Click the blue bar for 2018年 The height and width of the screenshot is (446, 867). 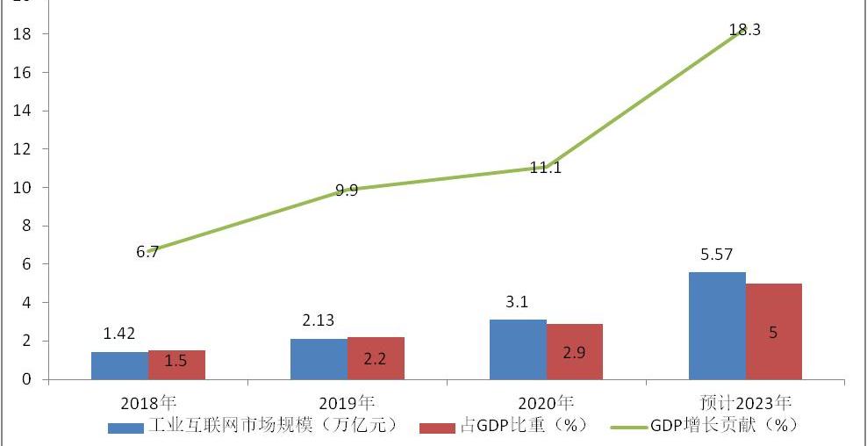pyautogui.click(x=119, y=365)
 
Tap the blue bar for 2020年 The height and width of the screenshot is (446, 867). pyautogui.click(x=518, y=349)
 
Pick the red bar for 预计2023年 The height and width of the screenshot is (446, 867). pyautogui.click(x=773, y=331)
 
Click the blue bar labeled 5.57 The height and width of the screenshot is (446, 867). pyautogui.click(x=717, y=326)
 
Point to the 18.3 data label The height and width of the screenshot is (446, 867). pyautogui.click(x=744, y=30)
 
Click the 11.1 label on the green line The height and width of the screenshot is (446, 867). pyautogui.click(x=545, y=167)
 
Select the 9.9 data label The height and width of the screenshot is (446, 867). pyautogui.click(x=346, y=190)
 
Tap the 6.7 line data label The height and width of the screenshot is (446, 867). pyautogui.click(x=147, y=252)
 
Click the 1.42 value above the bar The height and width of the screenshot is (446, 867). pyautogui.click(x=118, y=334)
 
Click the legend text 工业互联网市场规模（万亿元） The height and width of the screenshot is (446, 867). pyautogui.click(x=273, y=426)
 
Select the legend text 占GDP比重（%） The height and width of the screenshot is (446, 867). pyautogui.click(x=522, y=426)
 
